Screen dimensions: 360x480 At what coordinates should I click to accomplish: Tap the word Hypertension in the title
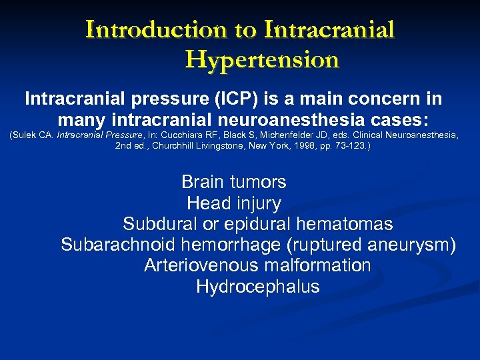pos(262,60)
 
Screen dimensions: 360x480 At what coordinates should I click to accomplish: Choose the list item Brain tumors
pos(234,182)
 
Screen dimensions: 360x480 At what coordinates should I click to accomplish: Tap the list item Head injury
pos(234,203)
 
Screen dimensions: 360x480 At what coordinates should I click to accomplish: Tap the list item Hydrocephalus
pos(258,287)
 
